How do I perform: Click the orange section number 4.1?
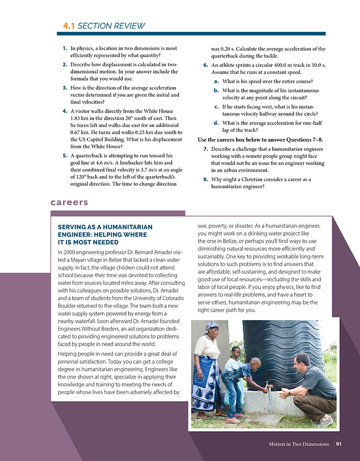(x=69, y=25)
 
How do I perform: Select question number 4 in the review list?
(x=64, y=111)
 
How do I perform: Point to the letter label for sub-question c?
(x=217, y=107)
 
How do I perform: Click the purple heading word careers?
(x=69, y=202)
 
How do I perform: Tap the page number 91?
(x=338, y=444)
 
